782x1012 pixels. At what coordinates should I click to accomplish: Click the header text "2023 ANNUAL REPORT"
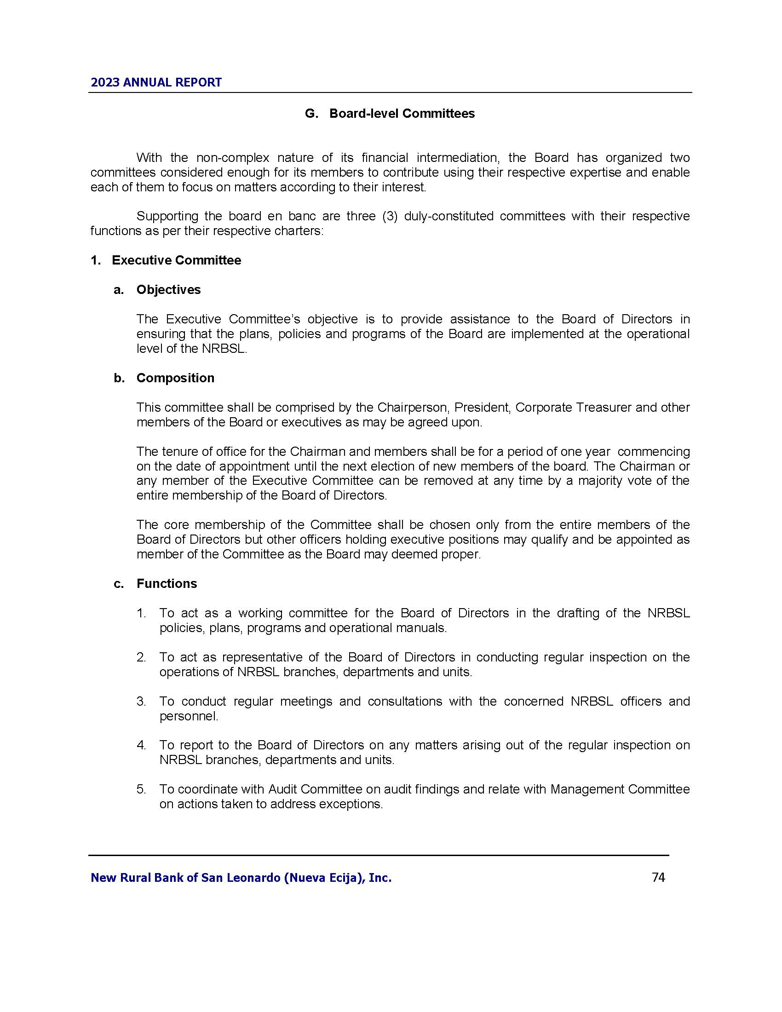(x=156, y=82)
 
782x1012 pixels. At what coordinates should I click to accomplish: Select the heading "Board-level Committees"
(x=402, y=114)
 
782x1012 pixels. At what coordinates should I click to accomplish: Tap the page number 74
(x=658, y=877)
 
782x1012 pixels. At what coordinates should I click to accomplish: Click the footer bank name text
(x=241, y=878)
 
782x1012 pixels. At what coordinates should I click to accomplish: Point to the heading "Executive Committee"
(x=176, y=260)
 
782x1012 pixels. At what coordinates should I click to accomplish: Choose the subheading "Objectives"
(x=168, y=290)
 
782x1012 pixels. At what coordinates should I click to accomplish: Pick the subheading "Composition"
(x=175, y=378)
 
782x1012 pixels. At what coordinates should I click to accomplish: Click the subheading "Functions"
(x=167, y=583)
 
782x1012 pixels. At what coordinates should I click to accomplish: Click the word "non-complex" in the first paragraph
(x=233, y=157)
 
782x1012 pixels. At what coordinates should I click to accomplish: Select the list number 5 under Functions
(x=141, y=789)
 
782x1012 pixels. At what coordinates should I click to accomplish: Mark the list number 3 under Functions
(x=141, y=701)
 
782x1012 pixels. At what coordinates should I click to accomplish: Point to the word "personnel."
(x=189, y=716)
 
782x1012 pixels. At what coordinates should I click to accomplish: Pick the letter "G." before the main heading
(x=311, y=114)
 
